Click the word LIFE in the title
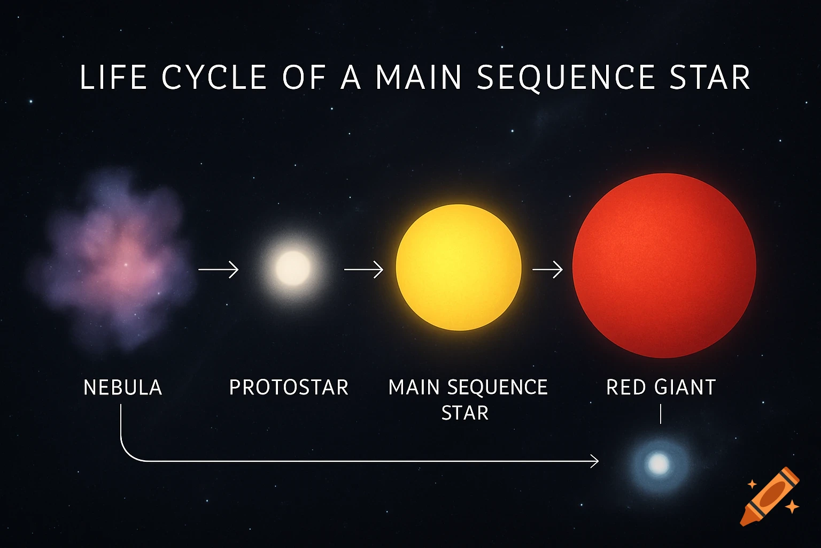click(113, 78)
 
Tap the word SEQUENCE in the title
click(566, 78)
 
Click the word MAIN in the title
click(419, 78)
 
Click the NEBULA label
click(122, 387)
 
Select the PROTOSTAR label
click(289, 387)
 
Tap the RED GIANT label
click(661, 387)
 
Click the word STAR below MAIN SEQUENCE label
click(465, 413)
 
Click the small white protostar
click(292, 268)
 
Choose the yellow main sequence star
click(459, 268)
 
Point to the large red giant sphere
click(664, 265)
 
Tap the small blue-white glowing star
click(659, 464)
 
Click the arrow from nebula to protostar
click(218, 269)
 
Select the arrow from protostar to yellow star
click(363, 269)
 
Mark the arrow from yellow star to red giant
click(547, 269)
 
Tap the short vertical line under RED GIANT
click(661, 414)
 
